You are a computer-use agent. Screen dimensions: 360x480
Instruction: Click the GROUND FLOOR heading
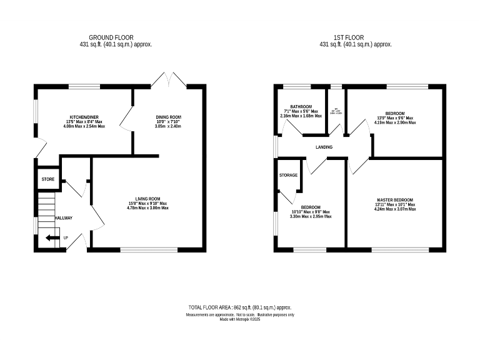point(111,37)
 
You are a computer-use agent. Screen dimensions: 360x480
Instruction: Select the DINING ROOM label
point(168,117)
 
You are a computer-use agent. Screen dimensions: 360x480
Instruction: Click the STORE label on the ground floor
point(48,179)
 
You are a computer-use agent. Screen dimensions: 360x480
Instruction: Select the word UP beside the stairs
point(66,237)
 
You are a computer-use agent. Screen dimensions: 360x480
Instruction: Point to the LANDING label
point(324,147)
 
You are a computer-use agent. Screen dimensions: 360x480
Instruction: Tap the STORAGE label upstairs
point(288,175)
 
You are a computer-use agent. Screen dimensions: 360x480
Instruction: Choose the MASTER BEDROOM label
point(395,200)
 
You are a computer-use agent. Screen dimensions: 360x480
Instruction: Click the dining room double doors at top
point(169,79)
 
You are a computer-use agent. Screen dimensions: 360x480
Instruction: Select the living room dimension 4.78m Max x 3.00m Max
point(149,208)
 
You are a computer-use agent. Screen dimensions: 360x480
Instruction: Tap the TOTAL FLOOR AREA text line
point(240,308)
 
